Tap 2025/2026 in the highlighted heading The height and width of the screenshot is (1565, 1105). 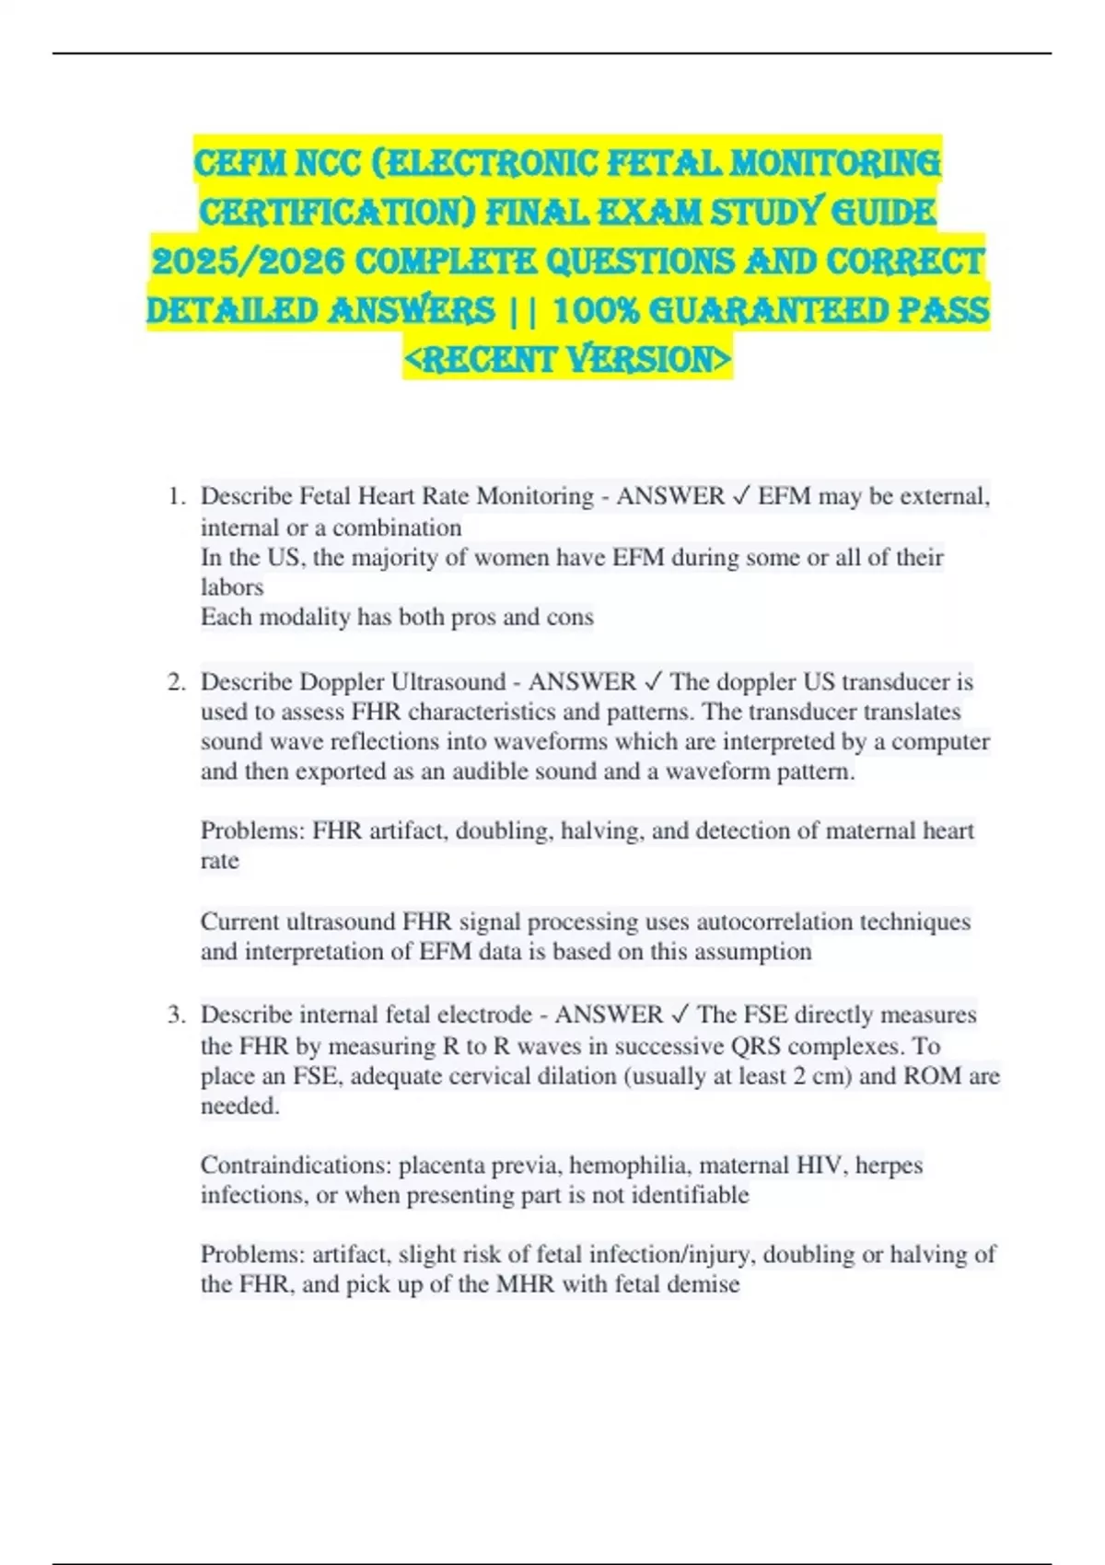pyautogui.click(x=247, y=261)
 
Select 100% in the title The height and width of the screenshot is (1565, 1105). pyautogui.click(x=596, y=310)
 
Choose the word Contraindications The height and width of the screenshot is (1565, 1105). pyautogui.click(x=297, y=1165)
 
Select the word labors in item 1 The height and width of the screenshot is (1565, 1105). pyautogui.click(x=232, y=587)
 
